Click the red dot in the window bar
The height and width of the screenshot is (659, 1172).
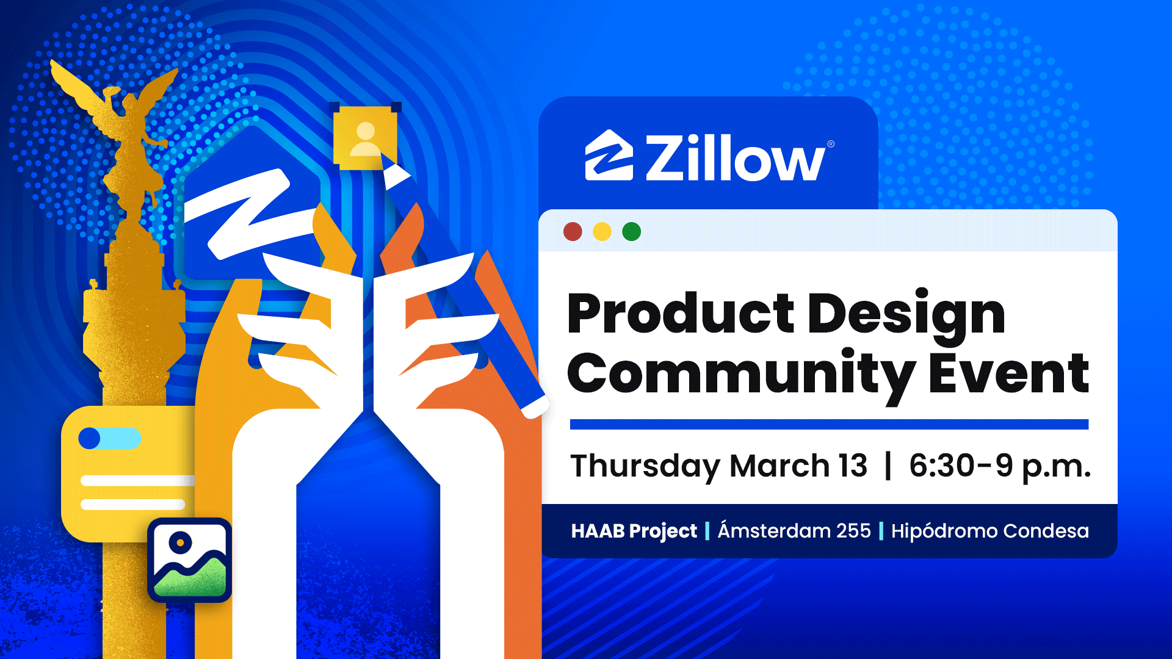(x=573, y=232)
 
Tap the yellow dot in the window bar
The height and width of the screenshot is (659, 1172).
(x=602, y=232)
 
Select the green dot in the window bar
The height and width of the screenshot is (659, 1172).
(x=631, y=232)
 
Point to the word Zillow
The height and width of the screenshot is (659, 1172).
(x=736, y=157)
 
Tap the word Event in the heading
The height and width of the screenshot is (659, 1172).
(x=1009, y=373)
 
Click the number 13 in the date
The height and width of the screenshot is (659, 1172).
(x=853, y=466)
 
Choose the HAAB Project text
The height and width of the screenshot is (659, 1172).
(x=634, y=531)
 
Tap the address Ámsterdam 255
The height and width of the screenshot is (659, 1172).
(x=794, y=530)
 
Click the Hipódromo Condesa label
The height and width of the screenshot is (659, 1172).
(x=989, y=530)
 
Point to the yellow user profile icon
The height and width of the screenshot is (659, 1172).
(x=365, y=138)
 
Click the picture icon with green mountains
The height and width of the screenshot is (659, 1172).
(x=190, y=560)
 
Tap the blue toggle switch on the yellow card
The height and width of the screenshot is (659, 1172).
(x=110, y=438)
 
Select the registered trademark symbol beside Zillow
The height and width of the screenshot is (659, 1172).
(x=831, y=144)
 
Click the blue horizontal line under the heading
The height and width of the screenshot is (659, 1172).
(x=829, y=424)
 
